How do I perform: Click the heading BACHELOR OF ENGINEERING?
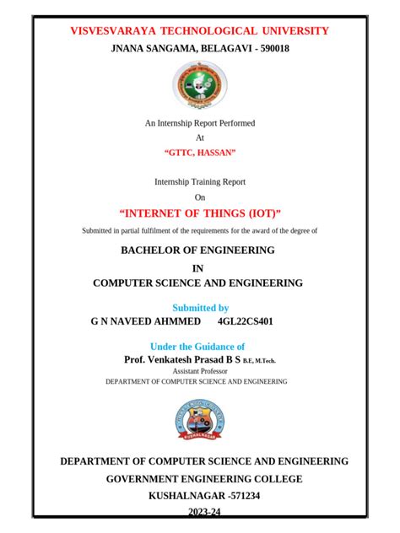198,250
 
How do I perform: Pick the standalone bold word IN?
199,268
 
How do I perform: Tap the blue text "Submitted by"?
201,308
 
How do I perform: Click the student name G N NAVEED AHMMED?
146,322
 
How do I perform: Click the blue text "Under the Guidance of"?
197,347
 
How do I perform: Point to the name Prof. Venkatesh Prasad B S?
183,359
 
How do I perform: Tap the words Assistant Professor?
196,371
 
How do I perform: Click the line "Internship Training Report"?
200,181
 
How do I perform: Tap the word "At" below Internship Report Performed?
200,137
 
